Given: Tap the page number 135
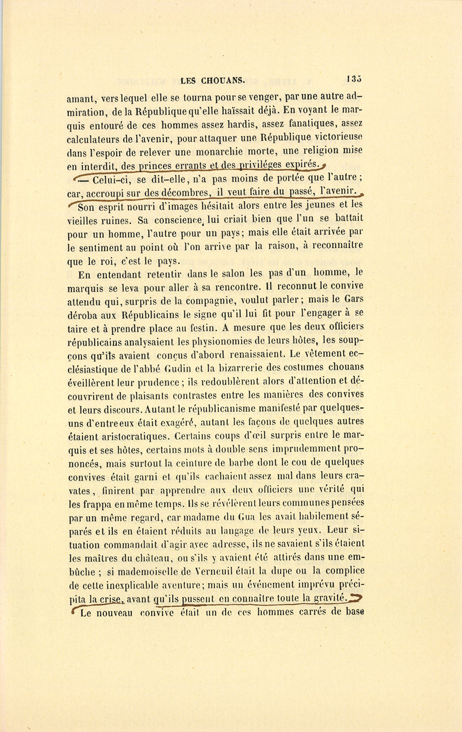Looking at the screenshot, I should click(x=354, y=79).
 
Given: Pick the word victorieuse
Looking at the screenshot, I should click(x=334, y=138).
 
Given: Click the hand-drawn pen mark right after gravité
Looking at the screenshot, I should click(x=355, y=597).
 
